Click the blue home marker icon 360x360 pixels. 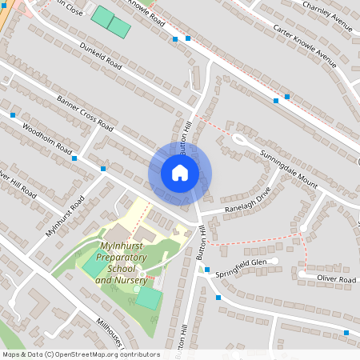180,172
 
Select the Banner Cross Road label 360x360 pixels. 84,112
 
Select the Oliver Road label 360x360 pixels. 335,279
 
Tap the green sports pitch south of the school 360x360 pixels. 148,298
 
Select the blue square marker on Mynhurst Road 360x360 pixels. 103,169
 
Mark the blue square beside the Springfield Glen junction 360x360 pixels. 206,270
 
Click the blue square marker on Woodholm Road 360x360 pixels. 74,158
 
